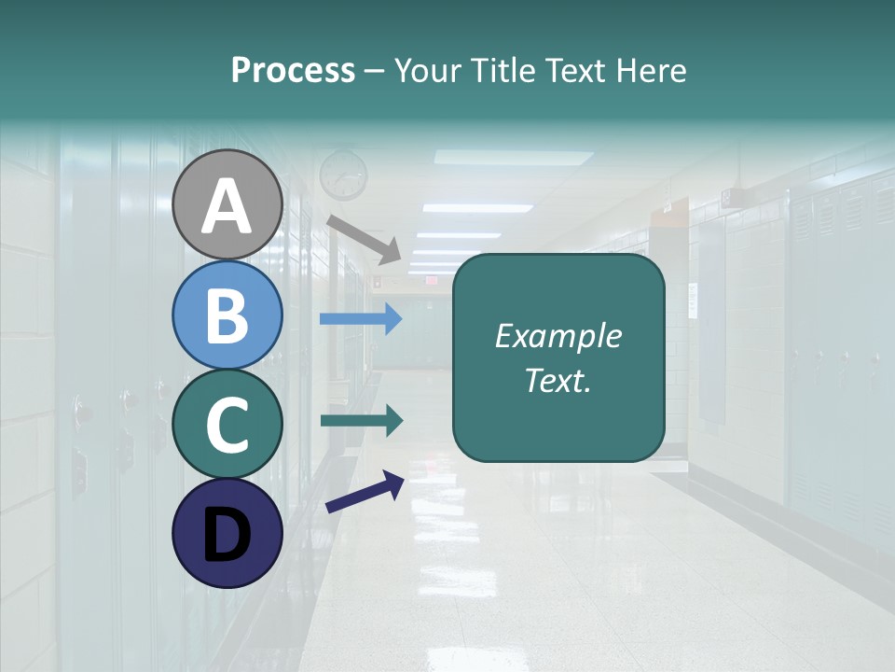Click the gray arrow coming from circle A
[364, 238]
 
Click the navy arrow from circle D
[365, 492]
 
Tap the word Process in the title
[293, 70]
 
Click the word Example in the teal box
[558, 336]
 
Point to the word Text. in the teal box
[558, 380]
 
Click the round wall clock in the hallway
[343, 175]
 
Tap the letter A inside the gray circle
[227, 205]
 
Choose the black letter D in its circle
[227, 534]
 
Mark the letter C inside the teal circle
[227, 425]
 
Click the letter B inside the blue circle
[227, 315]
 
